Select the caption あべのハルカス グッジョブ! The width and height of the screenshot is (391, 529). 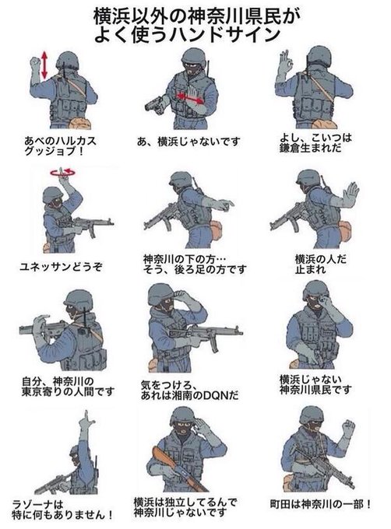[58, 147]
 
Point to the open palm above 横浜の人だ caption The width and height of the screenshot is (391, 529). [350, 194]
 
